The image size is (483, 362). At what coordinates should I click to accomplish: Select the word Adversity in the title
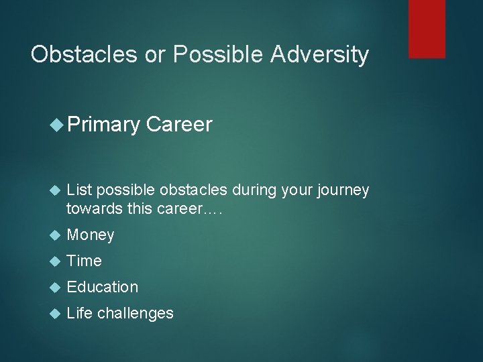tap(320, 54)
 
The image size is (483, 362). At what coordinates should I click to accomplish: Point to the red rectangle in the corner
tap(427, 29)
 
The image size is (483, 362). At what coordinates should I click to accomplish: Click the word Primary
tap(104, 125)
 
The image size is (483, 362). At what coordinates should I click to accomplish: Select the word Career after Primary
tap(179, 125)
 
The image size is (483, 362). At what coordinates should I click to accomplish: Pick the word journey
tap(344, 191)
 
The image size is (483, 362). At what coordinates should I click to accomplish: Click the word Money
tap(91, 235)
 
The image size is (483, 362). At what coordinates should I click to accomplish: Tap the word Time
tap(85, 261)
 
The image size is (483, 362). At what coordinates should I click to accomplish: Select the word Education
tap(103, 287)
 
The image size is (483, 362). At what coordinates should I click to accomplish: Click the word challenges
tap(136, 313)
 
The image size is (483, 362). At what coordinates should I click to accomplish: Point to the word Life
tap(80, 313)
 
